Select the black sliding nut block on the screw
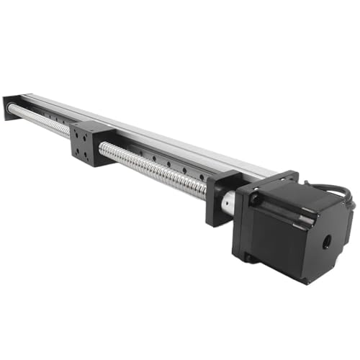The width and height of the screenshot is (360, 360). [x=91, y=145]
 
